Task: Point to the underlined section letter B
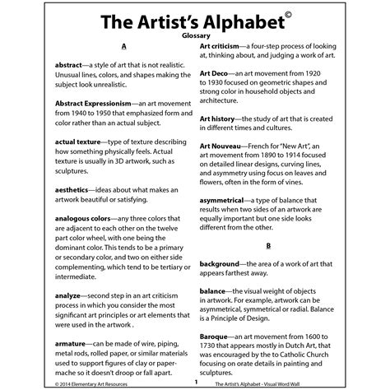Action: point(268,245)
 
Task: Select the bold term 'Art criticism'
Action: point(222,48)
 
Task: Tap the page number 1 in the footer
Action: point(196,382)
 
